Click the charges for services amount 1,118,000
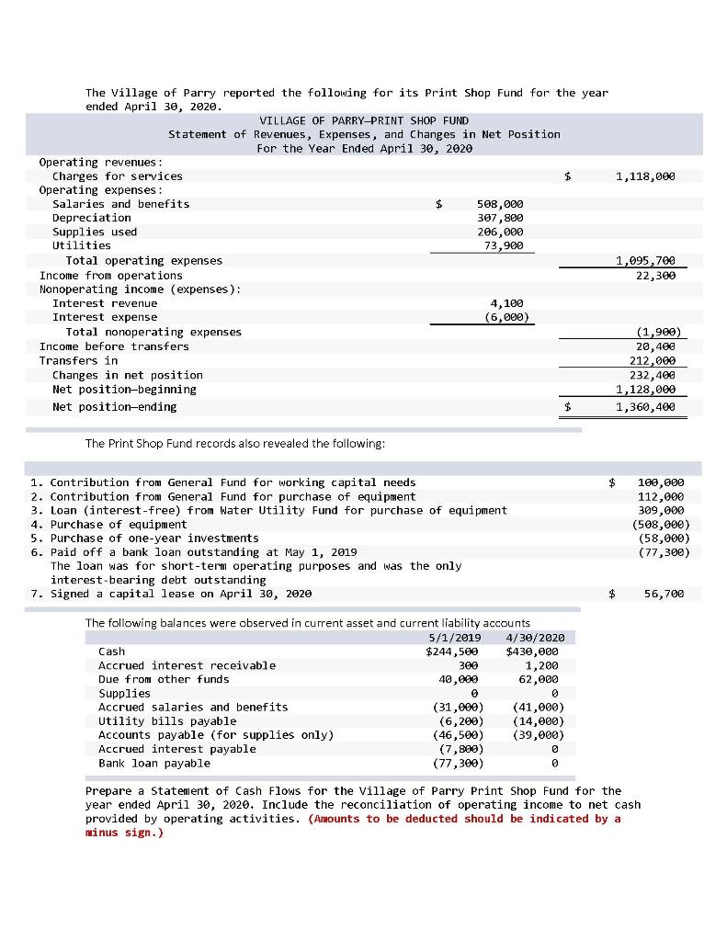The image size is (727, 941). tap(649, 176)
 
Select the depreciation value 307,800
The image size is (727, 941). tap(500, 218)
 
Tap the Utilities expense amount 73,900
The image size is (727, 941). tap(503, 245)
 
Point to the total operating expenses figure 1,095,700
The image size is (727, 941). tap(649, 261)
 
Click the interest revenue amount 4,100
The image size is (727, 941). tap(507, 302)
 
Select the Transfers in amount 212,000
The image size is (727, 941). tap(653, 360)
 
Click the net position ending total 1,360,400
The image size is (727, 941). tap(649, 406)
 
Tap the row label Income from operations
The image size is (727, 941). tap(110, 276)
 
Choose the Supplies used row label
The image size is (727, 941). tap(95, 232)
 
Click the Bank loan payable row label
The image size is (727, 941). tap(153, 763)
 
